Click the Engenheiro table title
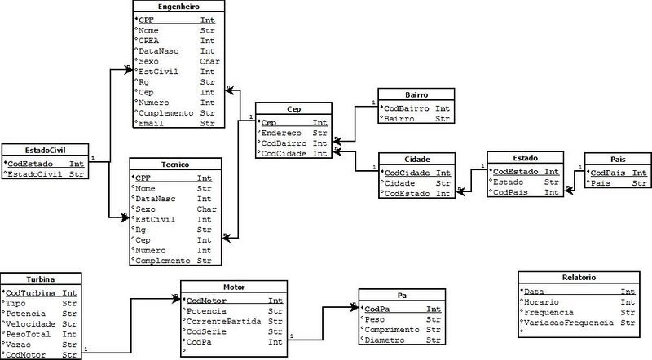174,6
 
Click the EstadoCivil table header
45,150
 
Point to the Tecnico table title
174,165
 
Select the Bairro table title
416,94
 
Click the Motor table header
232,287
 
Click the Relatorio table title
580,278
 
